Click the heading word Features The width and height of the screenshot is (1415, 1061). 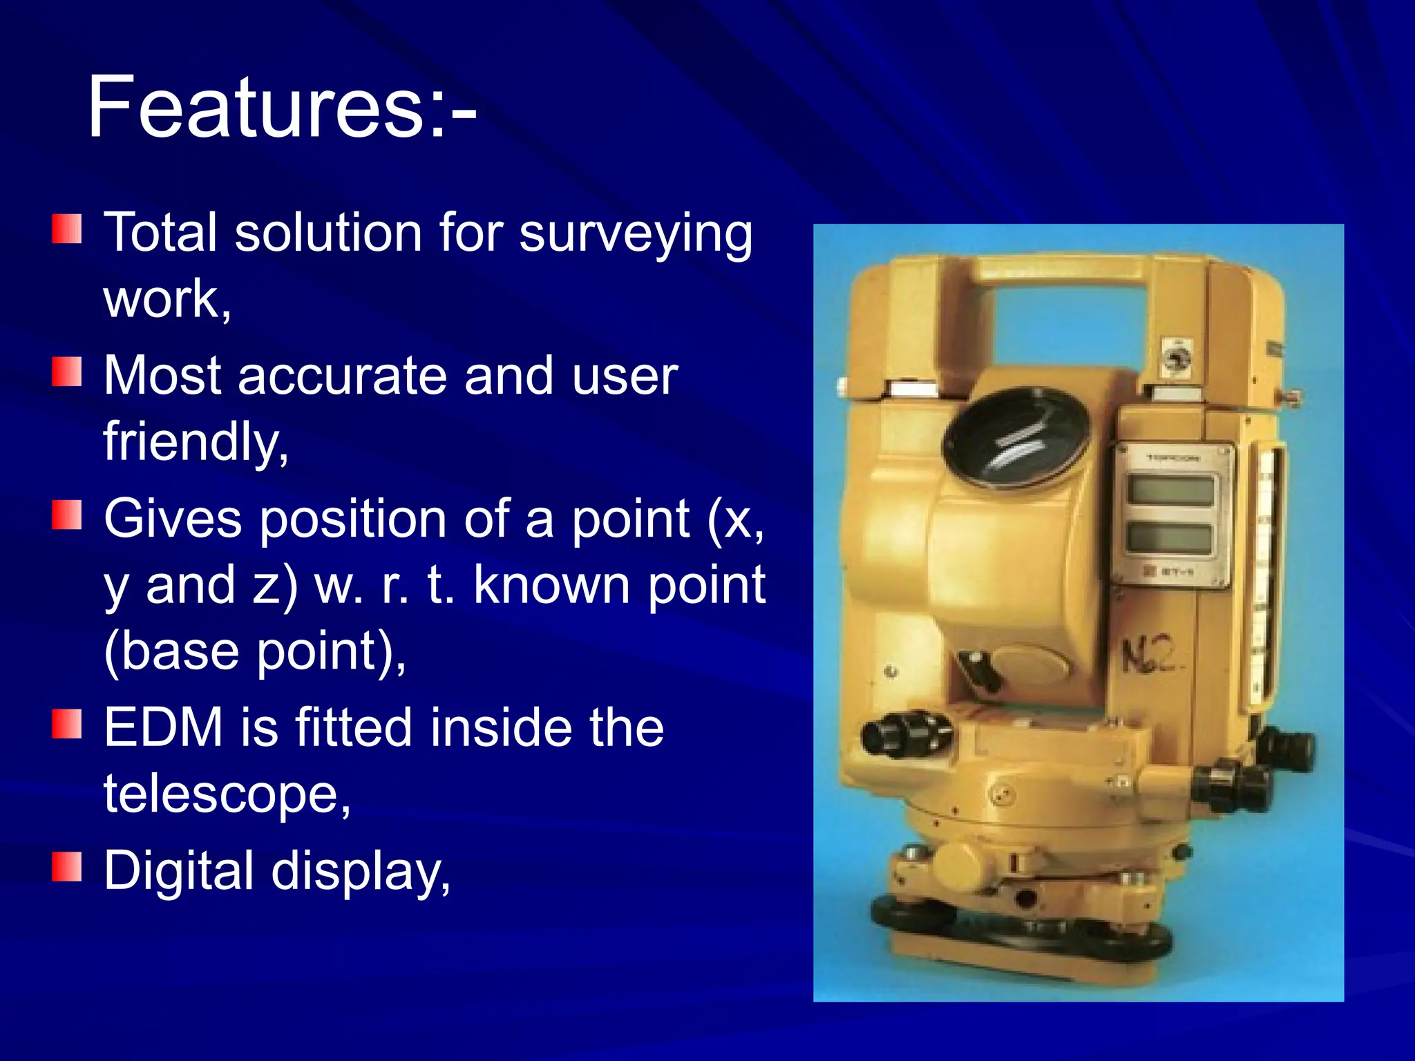click(256, 107)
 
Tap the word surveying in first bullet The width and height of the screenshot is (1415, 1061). click(635, 233)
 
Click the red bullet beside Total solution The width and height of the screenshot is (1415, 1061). click(67, 229)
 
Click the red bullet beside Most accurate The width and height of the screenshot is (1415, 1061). click(67, 372)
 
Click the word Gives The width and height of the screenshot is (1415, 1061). click(173, 519)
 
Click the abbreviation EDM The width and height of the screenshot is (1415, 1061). click(163, 728)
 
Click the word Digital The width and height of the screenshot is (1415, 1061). click(179, 871)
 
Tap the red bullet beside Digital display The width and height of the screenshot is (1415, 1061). click(67, 868)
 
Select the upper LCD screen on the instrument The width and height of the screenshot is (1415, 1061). click(1170, 491)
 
